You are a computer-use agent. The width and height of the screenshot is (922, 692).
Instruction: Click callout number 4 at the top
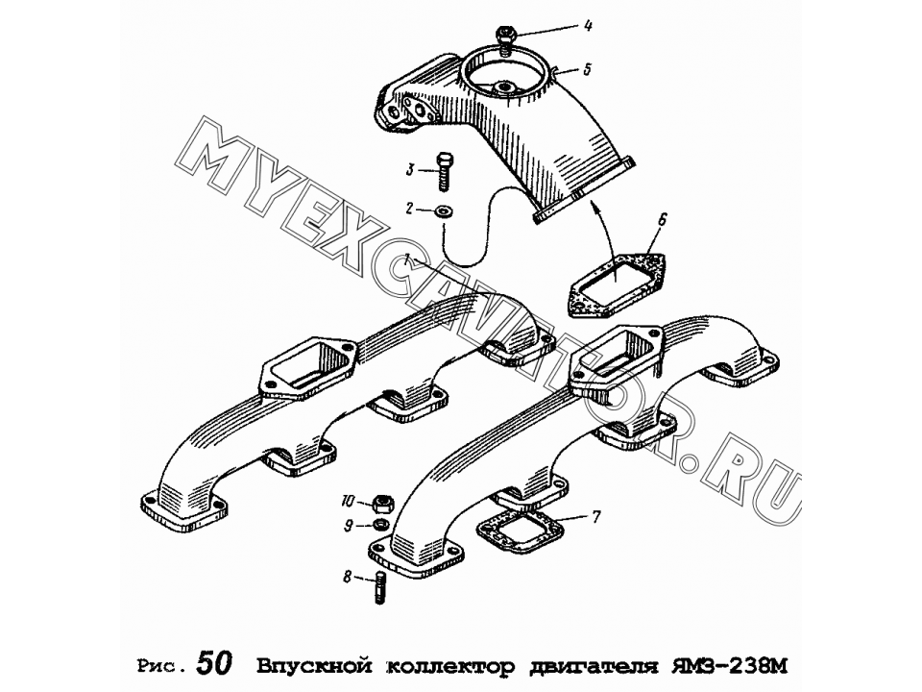coord(588,27)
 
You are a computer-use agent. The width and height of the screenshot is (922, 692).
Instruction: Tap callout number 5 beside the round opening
coord(586,69)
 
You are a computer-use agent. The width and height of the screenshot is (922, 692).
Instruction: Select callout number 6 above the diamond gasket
coord(662,220)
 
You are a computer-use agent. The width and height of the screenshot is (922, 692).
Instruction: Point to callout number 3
coord(410,170)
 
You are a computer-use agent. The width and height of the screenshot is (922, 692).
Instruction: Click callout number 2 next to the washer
coord(410,208)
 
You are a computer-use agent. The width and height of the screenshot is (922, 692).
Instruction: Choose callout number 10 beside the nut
coord(348,502)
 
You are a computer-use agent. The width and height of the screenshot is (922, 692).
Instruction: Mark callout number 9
coord(348,526)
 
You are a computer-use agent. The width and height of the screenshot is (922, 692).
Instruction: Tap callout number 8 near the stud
coord(348,578)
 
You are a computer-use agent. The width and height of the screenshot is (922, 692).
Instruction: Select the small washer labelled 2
coord(444,210)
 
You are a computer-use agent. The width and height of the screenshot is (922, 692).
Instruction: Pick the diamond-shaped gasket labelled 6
coord(616,282)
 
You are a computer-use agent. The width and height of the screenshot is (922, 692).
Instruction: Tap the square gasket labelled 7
coord(520,531)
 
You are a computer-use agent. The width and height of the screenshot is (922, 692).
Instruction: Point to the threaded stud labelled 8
coord(380,588)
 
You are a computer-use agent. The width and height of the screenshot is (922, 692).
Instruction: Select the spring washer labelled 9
coord(380,525)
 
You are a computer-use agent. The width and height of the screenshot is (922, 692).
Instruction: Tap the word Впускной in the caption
coord(315,666)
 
